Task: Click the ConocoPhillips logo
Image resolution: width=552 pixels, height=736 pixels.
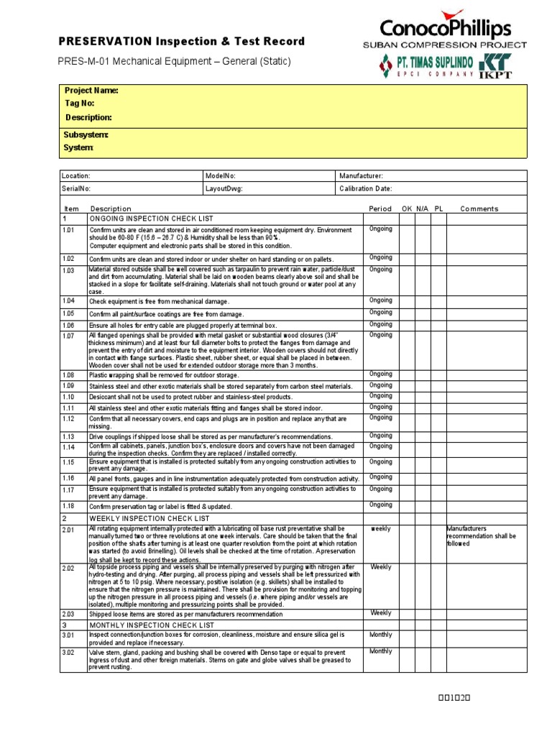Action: point(446,28)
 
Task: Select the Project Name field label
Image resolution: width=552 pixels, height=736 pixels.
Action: point(91,91)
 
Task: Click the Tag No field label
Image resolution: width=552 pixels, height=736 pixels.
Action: point(80,103)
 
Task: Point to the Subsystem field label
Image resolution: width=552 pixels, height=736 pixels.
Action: point(86,134)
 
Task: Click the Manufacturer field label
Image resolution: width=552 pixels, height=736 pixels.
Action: point(361,176)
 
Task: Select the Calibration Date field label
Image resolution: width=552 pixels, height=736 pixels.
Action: point(366,188)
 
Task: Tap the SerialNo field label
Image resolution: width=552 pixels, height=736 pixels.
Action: point(76,188)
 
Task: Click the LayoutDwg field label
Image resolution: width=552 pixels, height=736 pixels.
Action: point(224,188)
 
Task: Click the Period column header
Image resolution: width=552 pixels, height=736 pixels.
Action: point(380,208)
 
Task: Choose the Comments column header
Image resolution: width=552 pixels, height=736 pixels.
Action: point(479,208)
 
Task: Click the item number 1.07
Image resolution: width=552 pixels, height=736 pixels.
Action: point(68,336)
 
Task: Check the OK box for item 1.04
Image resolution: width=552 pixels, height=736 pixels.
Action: point(407,301)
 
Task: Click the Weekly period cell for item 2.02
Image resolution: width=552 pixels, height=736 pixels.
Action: point(380,567)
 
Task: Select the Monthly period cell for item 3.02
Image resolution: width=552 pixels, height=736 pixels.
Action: point(380,651)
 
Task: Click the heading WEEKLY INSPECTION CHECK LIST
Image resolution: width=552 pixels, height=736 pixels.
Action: point(149,518)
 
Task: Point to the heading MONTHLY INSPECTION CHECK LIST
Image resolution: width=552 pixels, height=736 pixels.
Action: point(152,625)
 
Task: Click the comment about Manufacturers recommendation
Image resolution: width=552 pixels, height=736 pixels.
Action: point(482,536)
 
